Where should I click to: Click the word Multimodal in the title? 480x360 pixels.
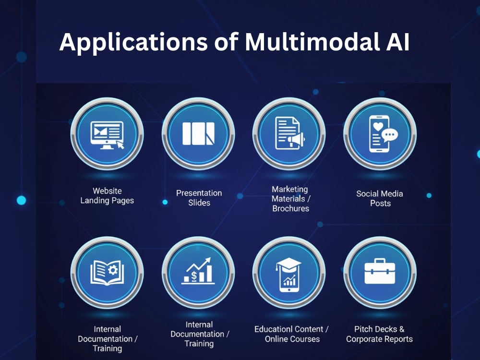coord(311,42)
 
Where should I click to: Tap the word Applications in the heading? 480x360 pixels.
coord(133,43)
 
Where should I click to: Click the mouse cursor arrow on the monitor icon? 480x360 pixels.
coord(120,144)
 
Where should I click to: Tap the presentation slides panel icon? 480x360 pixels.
coord(198,134)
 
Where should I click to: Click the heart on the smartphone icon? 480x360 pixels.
coord(378,126)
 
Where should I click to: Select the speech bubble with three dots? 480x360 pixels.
coord(390,135)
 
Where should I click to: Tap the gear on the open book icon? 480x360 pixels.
coord(113,270)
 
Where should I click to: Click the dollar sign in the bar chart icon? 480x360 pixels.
coord(194,276)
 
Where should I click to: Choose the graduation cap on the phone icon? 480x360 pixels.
coord(288,264)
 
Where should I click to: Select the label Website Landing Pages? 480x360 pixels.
coord(107,196)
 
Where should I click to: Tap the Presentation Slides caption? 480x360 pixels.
coord(199,198)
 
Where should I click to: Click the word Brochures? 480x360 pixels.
coord(291,208)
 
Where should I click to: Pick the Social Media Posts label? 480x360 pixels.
coord(380,198)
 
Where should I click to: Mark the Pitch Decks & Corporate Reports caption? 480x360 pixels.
coord(379,334)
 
